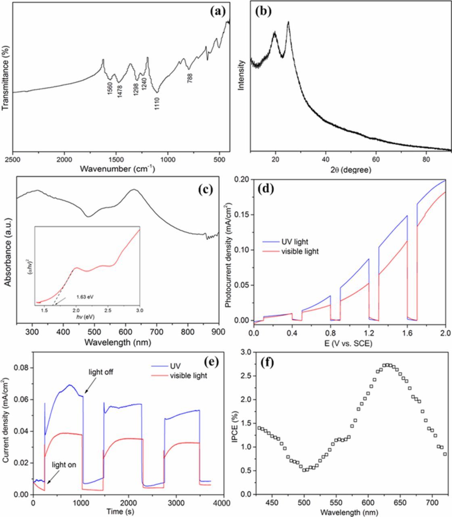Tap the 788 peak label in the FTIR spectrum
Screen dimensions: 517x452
[190, 77]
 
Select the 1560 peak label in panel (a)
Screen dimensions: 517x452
[109, 88]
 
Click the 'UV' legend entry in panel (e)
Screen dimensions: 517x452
[175, 367]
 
